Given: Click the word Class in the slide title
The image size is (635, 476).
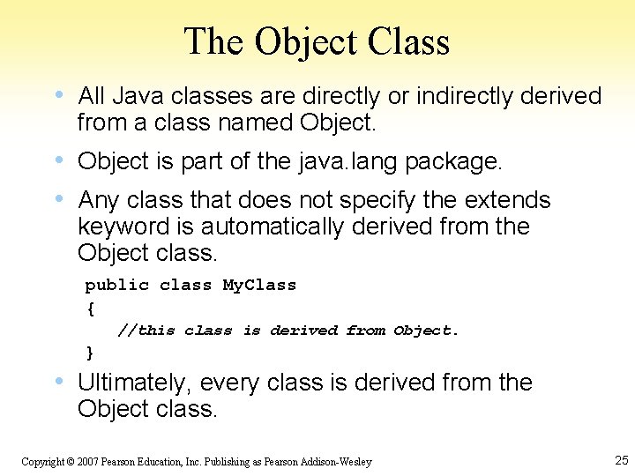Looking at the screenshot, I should coord(409,41).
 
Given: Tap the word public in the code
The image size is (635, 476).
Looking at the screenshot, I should coord(116,285).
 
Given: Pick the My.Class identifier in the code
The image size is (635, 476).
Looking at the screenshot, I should coord(259,285).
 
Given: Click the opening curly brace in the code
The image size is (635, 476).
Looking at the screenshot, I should coord(90,308).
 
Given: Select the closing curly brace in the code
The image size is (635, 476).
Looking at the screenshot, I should coord(90,353).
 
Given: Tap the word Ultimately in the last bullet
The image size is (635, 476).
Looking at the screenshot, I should coord(135,383).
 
